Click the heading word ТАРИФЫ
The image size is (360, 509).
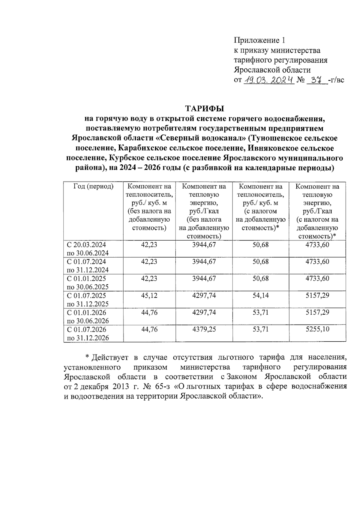point(205,108)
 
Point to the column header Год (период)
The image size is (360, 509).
point(93,187)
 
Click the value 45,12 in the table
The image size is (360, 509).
point(149,295)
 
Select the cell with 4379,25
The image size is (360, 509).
point(204,329)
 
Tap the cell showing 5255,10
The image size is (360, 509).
point(317,329)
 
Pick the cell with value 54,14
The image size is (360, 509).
point(260,295)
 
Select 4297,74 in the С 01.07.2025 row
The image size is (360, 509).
point(204,295)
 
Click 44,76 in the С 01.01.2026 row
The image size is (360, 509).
point(149,313)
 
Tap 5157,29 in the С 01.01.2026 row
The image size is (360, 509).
point(317,313)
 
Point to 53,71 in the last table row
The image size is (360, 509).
point(260,329)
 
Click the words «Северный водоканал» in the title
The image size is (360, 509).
point(202,138)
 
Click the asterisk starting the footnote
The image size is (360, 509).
point(87,358)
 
